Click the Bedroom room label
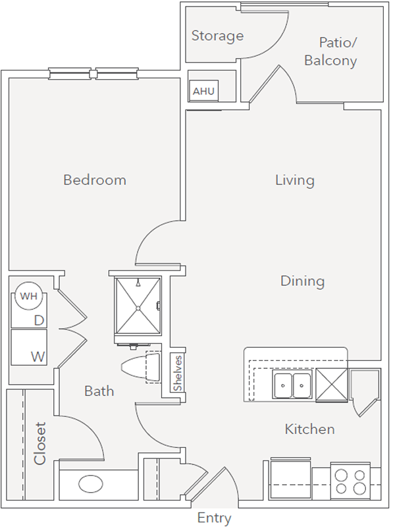coord(95,180)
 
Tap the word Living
coord(295,180)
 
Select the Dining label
coord(302,281)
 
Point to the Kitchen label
coord(309,430)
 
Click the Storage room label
coord(217,36)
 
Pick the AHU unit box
coord(203,91)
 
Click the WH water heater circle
coord(28,296)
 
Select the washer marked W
coord(29,348)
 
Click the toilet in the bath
coord(141,367)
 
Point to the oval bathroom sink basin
coord(91,484)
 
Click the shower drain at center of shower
coord(138,308)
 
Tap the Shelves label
coord(177,374)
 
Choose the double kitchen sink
coord(292,385)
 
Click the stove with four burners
coord(350,482)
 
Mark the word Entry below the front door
coord(215,518)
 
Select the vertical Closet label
coord(39,443)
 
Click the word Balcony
coord(330,61)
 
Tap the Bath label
coord(99,391)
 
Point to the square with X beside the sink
coord(332,385)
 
